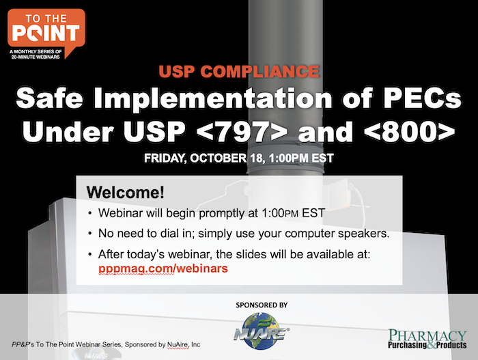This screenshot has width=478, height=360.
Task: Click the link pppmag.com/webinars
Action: click(x=163, y=269)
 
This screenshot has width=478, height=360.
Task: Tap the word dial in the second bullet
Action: click(x=167, y=233)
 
